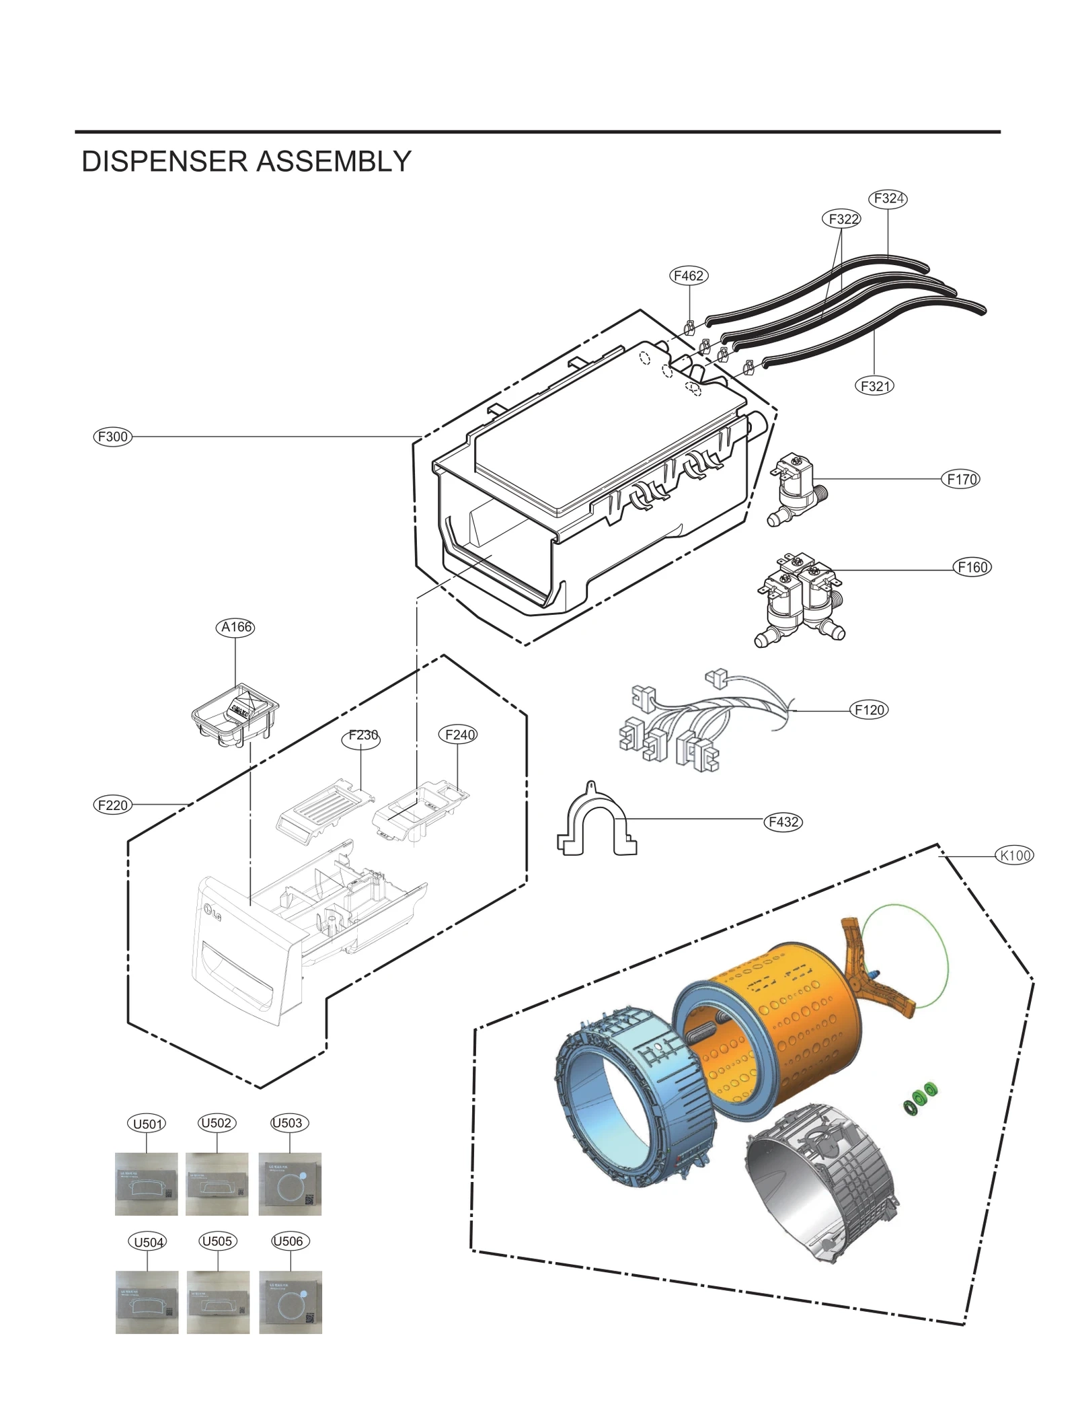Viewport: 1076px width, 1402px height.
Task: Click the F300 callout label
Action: coord(112,437)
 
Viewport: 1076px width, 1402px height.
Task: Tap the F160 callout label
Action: coord(972,567)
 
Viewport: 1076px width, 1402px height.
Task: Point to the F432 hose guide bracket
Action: coord(596,821)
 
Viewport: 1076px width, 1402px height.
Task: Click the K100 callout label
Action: coord(1014,856)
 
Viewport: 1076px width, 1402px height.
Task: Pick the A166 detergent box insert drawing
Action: coord(235,714)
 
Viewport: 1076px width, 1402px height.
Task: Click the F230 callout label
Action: coord(362,736)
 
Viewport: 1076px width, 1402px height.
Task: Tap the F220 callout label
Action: coord(112,805)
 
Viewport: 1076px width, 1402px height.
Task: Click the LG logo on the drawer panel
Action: coord(213,913)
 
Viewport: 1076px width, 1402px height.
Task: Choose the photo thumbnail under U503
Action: coord(290,1184)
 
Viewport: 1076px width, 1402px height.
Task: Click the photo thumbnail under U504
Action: coord(147,1302)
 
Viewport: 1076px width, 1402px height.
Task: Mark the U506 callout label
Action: coord(290,1241)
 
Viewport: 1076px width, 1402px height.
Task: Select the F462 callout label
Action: coord(689,276)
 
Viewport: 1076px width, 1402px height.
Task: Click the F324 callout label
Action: coord(888,198)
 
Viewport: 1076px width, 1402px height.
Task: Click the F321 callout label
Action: coord(874,386)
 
